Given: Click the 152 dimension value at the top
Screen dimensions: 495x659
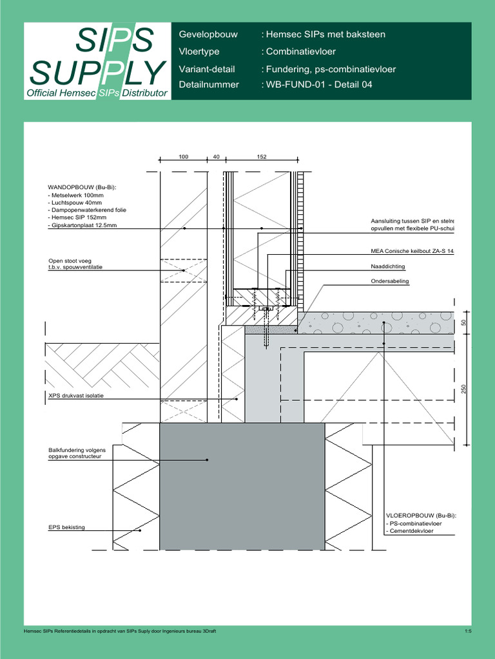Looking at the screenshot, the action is pos(262,157).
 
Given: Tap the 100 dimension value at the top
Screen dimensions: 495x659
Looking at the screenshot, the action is pos(184,157).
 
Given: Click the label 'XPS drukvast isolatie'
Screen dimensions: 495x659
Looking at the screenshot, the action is pos(76,396).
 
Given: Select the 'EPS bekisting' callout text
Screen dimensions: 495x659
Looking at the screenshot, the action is pos(67,528).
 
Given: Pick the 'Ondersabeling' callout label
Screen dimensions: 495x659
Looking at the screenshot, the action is pos(390,281).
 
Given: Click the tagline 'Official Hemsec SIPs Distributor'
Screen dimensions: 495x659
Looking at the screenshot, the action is pos(97,93).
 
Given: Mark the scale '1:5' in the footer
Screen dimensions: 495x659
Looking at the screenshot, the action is pos(468,631).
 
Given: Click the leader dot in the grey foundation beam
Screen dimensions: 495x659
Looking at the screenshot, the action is pos(208,459).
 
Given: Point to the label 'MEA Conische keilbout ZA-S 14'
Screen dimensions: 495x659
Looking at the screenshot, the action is pos(413,250).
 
